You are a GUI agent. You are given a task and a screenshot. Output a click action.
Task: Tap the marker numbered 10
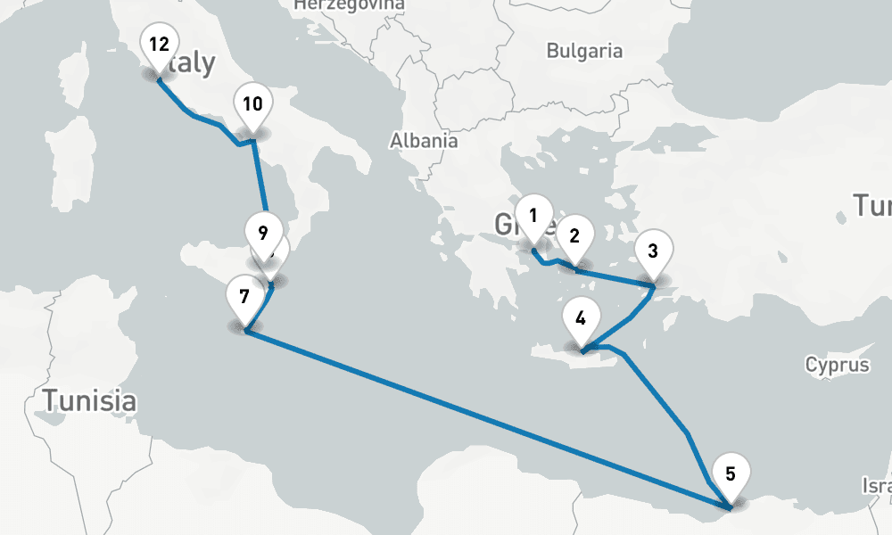252,104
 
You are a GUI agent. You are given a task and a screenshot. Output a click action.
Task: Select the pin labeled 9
262,235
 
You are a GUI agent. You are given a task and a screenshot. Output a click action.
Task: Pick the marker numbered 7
244,295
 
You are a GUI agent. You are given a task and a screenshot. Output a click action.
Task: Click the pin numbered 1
533,216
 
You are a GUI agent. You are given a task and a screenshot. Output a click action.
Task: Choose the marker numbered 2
574,236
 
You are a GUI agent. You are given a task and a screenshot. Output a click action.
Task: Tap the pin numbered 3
653,251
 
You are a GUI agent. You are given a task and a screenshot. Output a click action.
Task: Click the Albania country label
424,140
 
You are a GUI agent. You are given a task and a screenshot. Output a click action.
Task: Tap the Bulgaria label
584,51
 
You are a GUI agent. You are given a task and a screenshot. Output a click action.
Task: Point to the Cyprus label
837,365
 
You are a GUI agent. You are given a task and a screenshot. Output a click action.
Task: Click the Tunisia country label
93,400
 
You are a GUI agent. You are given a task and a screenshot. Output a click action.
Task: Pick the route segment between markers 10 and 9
260,178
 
